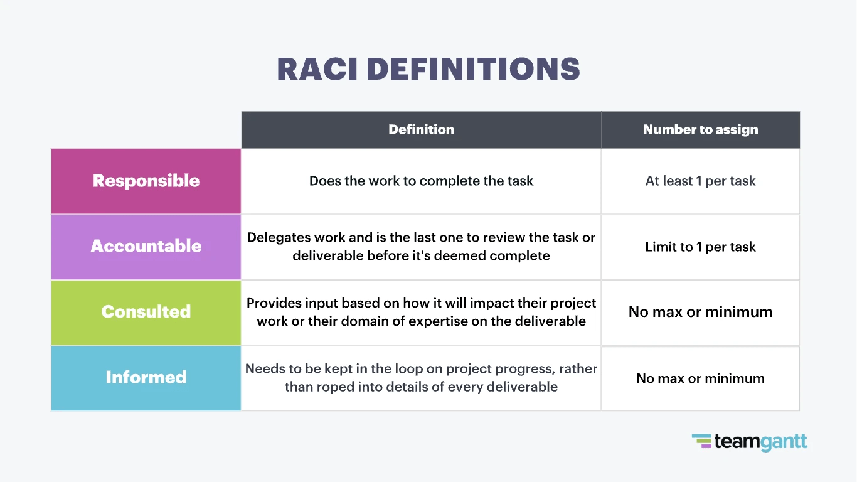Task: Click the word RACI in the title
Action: (x=317, y=69)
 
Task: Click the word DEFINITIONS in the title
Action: (x=473, y=69)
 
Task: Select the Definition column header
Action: (x=421, y=130)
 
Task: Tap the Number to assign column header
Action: (x=700, y=130)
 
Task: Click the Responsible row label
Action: (x=146, y=181)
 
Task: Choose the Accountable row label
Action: (x=146, y=246)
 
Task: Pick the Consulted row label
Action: (x=146, y=312)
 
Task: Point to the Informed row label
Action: (x=146, y=377)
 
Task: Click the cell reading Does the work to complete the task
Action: (x=421, y=181)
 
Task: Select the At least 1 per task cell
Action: (x=700, y=181)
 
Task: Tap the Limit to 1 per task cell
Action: (x=700, y=247)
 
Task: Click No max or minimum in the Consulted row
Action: (x=700, y=312)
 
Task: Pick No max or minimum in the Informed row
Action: (x=700, y=378)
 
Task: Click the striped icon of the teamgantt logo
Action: (x=702, y=441)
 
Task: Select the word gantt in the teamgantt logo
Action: (x=784, y=442)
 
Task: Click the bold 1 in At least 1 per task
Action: (x=699, y=181)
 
